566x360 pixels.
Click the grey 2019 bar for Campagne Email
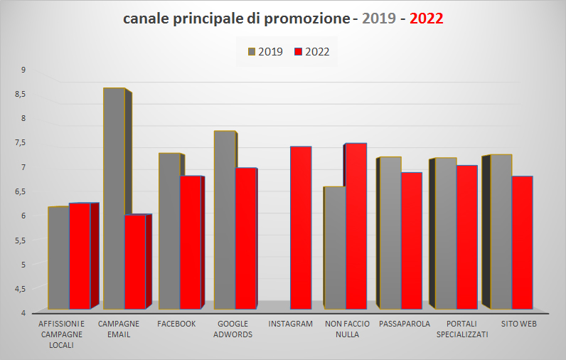(x=114, y=199)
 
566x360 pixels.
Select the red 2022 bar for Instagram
(x=301, y=228)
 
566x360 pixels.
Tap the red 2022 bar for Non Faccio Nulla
(x=356, y=226)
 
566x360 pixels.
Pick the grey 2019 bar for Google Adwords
(x=225, y=221)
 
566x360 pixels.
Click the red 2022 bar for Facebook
(x=191, y=242)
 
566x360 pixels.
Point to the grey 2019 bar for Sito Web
(x=501, y=232)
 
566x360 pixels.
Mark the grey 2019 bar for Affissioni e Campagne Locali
(x=58, y=258)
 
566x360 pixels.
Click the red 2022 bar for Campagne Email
(x=135, y=262)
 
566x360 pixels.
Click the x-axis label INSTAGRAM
(x=291, y=324)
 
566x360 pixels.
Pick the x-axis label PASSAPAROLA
(x=405, y=324)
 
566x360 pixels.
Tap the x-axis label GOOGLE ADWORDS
(x=233, y=329)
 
